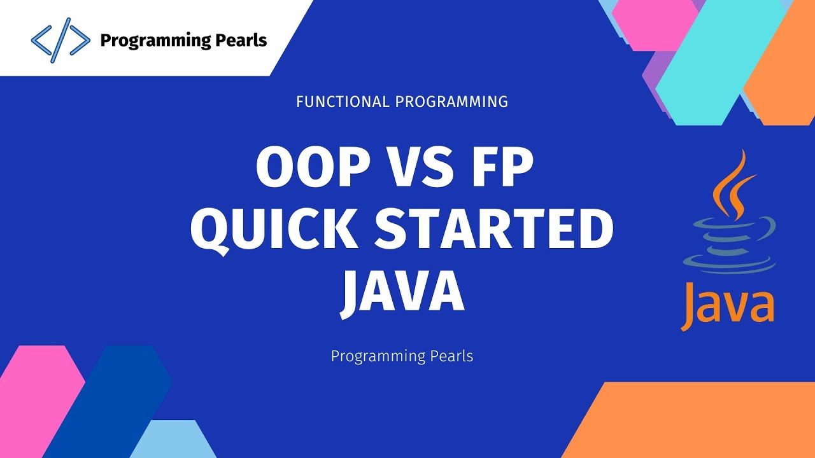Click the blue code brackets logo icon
60,40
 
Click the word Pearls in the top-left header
239,41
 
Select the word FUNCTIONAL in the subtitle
342,101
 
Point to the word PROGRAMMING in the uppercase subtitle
451,101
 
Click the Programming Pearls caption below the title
402,356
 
